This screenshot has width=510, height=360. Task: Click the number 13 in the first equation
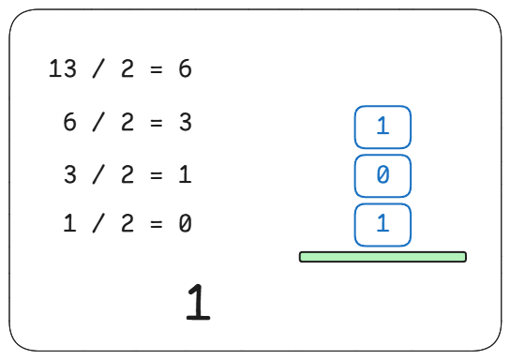63,68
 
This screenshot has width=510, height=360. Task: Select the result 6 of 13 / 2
185,68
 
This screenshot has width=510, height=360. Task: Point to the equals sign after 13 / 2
157,69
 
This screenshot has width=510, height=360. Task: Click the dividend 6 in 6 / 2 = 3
69,122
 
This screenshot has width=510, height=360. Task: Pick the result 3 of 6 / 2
185,122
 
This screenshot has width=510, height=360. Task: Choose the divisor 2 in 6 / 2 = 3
127,122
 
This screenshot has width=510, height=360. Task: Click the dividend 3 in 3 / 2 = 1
69,174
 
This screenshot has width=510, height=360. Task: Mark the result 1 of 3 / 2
185,174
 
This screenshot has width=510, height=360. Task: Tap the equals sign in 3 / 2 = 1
157,175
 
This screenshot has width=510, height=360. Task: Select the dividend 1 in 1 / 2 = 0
69,223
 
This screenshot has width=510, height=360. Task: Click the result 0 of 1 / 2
185,223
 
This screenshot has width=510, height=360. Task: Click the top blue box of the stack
382,127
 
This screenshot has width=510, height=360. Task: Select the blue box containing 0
382,176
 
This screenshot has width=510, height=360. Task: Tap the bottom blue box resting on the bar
382,225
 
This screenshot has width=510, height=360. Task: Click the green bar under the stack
382,257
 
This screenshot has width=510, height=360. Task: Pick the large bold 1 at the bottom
199,302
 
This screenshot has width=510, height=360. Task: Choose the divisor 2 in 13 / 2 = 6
127,68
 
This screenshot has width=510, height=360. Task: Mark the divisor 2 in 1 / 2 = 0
127,223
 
